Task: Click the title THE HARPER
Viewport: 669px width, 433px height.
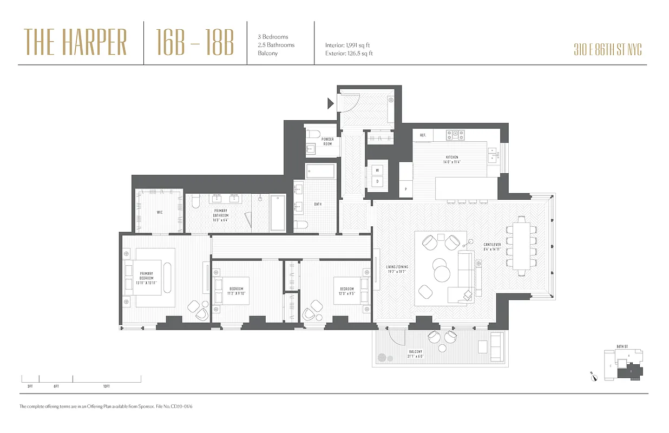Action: pyautogui.click(x=76, y=43)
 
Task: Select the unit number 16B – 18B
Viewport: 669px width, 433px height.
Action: pyautogui.click(x=195, y=43)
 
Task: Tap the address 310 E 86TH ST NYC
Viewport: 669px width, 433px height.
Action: pyautogui.click(x=607, y=50)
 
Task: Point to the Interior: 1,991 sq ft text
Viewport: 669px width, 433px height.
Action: pyautogui.click(x=347, y=45)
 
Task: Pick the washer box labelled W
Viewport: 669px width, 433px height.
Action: pyautogui.click(x=378, y=169)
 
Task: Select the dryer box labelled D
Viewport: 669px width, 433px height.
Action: pyautogui.click(x=378, y=181)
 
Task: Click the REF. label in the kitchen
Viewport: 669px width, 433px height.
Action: pyautogui.click(x=423, y=135)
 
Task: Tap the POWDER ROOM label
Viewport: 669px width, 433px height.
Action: pyautogui.click(x=327, y=141)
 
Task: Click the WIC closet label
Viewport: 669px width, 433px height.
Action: pyautogui.click(x=159, y=212)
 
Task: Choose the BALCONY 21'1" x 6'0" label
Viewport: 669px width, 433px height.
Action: pyautogui.click(x=415, y=354)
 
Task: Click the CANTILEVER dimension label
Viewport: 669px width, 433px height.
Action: pyautogui.click(x=492, y=247)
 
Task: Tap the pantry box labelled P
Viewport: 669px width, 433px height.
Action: pyautogui.click(x=406, y=189)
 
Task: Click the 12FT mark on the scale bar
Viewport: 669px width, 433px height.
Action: pyautogui.click(x=106, y=386)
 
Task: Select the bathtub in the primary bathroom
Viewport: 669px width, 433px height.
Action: pyautogui.click(x=277, y=212)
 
